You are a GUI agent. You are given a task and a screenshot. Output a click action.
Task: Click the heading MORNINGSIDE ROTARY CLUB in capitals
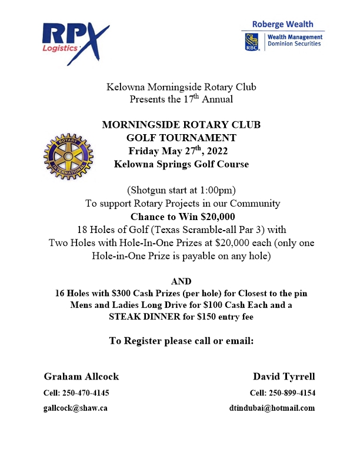pos(181,125)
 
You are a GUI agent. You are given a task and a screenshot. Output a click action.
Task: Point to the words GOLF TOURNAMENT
pos(181,138)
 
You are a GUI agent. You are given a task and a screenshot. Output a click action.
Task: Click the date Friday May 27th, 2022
pos(181,151)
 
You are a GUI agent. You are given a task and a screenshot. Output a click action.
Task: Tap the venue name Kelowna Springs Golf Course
pos(181,164)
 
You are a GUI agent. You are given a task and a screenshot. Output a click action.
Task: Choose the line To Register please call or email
pos(181,341)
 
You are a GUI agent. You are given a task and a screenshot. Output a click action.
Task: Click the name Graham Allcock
pos(81,376)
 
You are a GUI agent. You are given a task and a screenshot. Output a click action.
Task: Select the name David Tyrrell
pos(284,376)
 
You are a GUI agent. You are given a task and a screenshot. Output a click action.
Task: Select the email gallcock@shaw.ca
pos(75,408)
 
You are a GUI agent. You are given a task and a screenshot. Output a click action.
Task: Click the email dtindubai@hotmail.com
pos(272,408)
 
